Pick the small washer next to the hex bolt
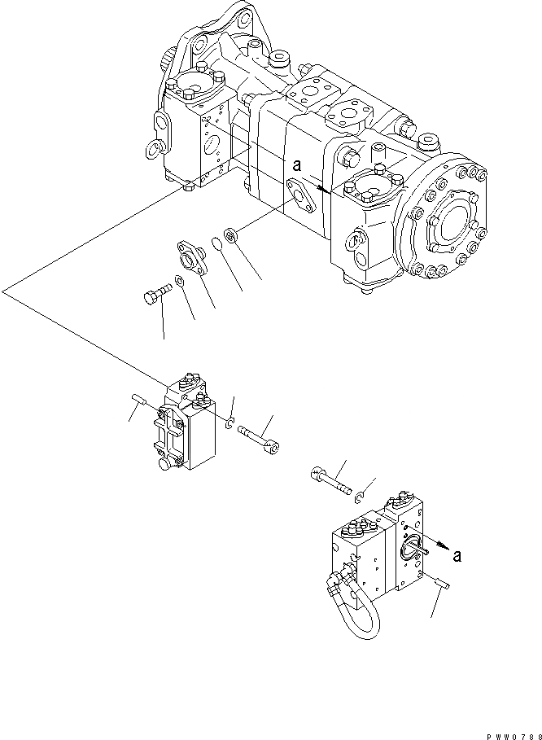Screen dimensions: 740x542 pos(179,282)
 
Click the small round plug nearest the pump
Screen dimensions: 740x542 pos(231,237)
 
